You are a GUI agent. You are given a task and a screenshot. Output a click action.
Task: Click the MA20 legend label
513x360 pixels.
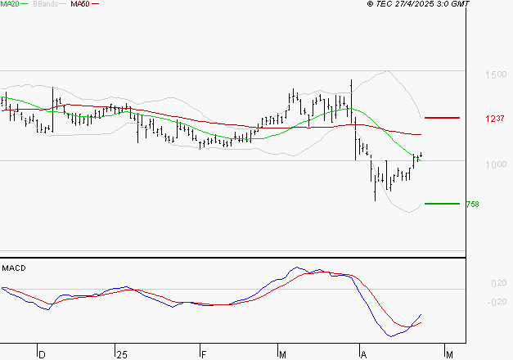[11, 4]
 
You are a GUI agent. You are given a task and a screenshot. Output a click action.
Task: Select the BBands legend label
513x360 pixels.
[44, 4]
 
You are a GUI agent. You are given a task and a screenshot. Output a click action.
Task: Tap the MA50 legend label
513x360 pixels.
[80, 4]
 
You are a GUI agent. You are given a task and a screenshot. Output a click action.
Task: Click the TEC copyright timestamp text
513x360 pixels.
[418, 4]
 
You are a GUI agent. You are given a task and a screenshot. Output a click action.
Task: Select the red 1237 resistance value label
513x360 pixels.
[493, 119]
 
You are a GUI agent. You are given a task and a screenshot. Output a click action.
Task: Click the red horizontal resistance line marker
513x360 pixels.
[443, 118]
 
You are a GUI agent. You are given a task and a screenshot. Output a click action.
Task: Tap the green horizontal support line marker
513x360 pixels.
[443, 203]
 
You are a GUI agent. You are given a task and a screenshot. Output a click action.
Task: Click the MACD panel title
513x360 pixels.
[14, 268]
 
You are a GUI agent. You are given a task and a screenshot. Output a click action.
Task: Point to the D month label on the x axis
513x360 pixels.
[42, 354]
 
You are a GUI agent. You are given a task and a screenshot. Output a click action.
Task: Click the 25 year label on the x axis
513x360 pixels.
[122, 354]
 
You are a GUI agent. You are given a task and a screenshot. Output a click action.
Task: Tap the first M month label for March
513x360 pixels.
[282, 354]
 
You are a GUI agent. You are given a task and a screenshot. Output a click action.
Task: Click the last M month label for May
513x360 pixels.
[449, 354]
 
